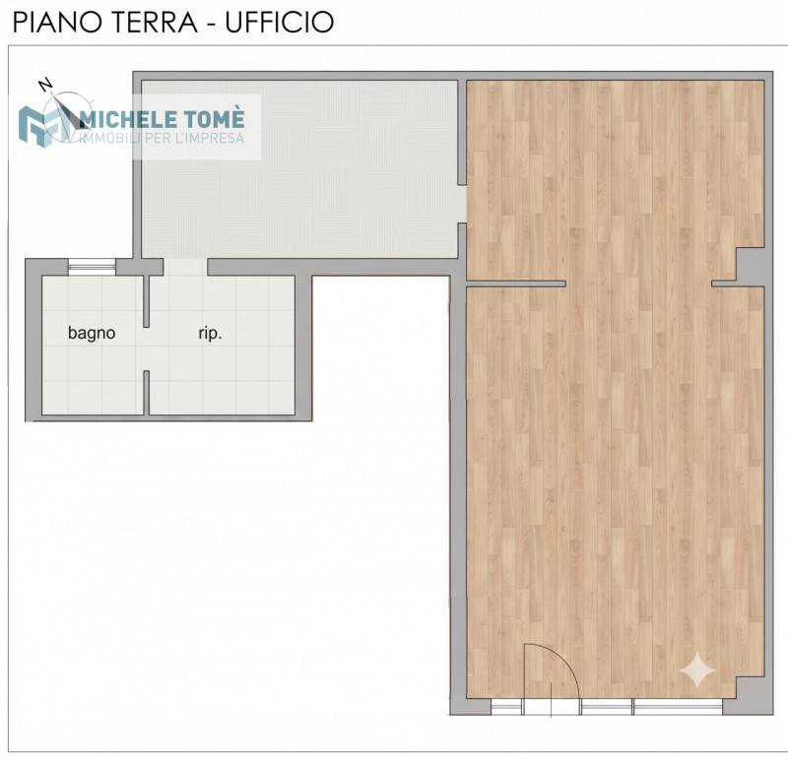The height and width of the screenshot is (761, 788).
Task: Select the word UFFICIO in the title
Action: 280,23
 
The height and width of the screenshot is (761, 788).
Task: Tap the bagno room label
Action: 92,333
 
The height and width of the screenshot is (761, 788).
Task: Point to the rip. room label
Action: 210,333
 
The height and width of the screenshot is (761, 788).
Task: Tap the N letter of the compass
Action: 46,85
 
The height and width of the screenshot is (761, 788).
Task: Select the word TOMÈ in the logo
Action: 213,118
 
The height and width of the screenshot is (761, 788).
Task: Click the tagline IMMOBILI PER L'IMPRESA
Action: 162,138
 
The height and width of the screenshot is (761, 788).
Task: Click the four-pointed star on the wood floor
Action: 696,669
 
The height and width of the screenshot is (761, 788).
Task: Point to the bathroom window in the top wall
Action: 92,266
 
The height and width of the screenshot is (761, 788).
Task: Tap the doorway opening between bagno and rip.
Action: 146,349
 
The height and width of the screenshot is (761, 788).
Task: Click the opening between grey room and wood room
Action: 462,204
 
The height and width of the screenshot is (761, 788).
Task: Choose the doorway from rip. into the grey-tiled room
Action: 185,267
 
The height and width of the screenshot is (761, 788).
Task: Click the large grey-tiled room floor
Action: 299,169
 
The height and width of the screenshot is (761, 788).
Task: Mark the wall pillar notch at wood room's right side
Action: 751,265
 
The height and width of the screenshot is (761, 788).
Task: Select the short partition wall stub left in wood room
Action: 516,284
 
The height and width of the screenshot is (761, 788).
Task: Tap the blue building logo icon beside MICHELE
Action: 42,127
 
